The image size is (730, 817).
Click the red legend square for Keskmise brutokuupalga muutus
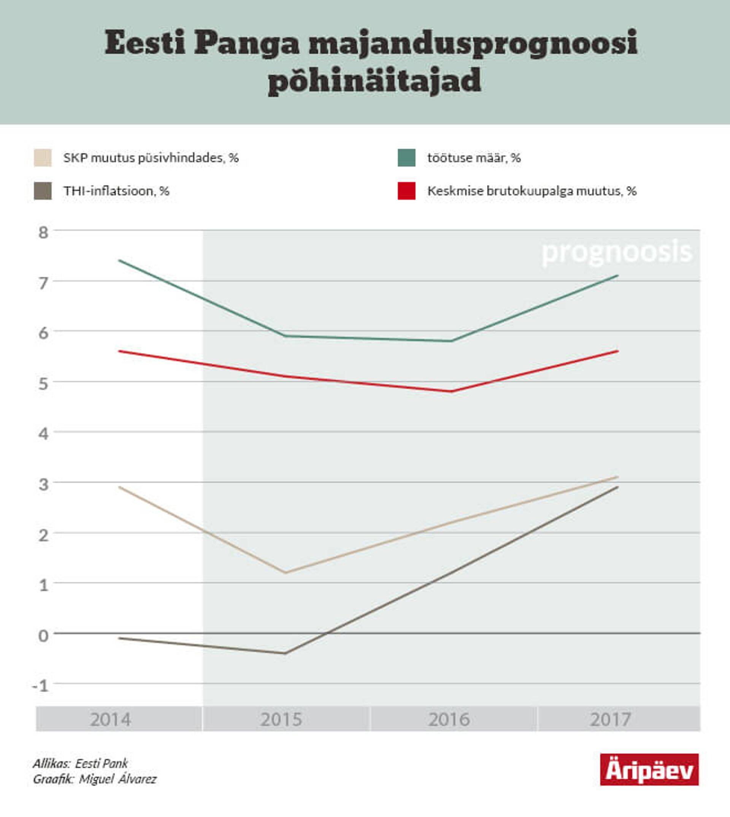tap(406, 190)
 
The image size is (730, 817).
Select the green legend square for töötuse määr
tap(406, 158)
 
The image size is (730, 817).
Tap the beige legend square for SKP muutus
tap(43, 158)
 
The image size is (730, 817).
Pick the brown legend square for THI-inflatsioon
tap(43, 190)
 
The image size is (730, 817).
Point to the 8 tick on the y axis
tap(43, 233)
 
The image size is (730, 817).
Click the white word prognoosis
tap(616, 252)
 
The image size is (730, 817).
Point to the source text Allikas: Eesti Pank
tap(80, 763)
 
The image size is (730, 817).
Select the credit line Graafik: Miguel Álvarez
tap(95, 779)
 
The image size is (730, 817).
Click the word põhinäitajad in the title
tap(374, 80)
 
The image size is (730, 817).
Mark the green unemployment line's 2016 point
tap(451, 341)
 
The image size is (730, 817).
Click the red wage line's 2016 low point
tap(452, 391)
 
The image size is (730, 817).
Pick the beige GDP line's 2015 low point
tap(285, 572)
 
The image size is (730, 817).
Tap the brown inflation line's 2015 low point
tap(285, 654)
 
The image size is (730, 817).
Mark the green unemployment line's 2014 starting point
tap(119, 260)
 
